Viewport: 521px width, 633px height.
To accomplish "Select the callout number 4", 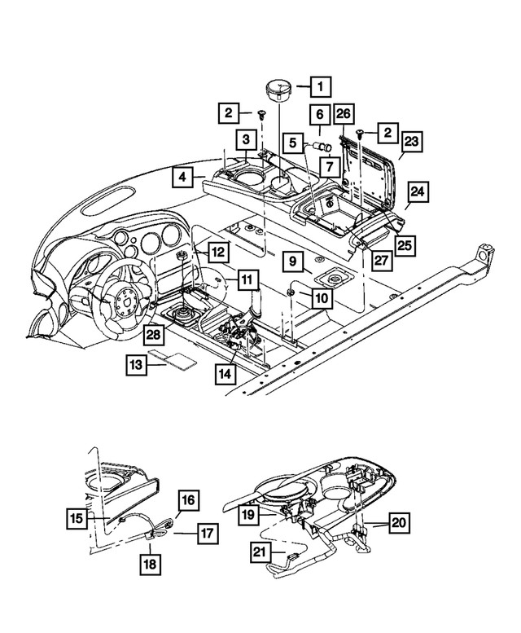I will click(x=182, y=175).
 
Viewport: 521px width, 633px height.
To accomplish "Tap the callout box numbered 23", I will click(x=412, y=144).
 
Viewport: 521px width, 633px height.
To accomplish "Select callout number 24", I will click(x=417, y=192).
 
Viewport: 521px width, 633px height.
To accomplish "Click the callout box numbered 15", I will click(x=77, y=517).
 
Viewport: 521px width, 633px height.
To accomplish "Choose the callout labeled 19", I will click(x=247, y=514).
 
